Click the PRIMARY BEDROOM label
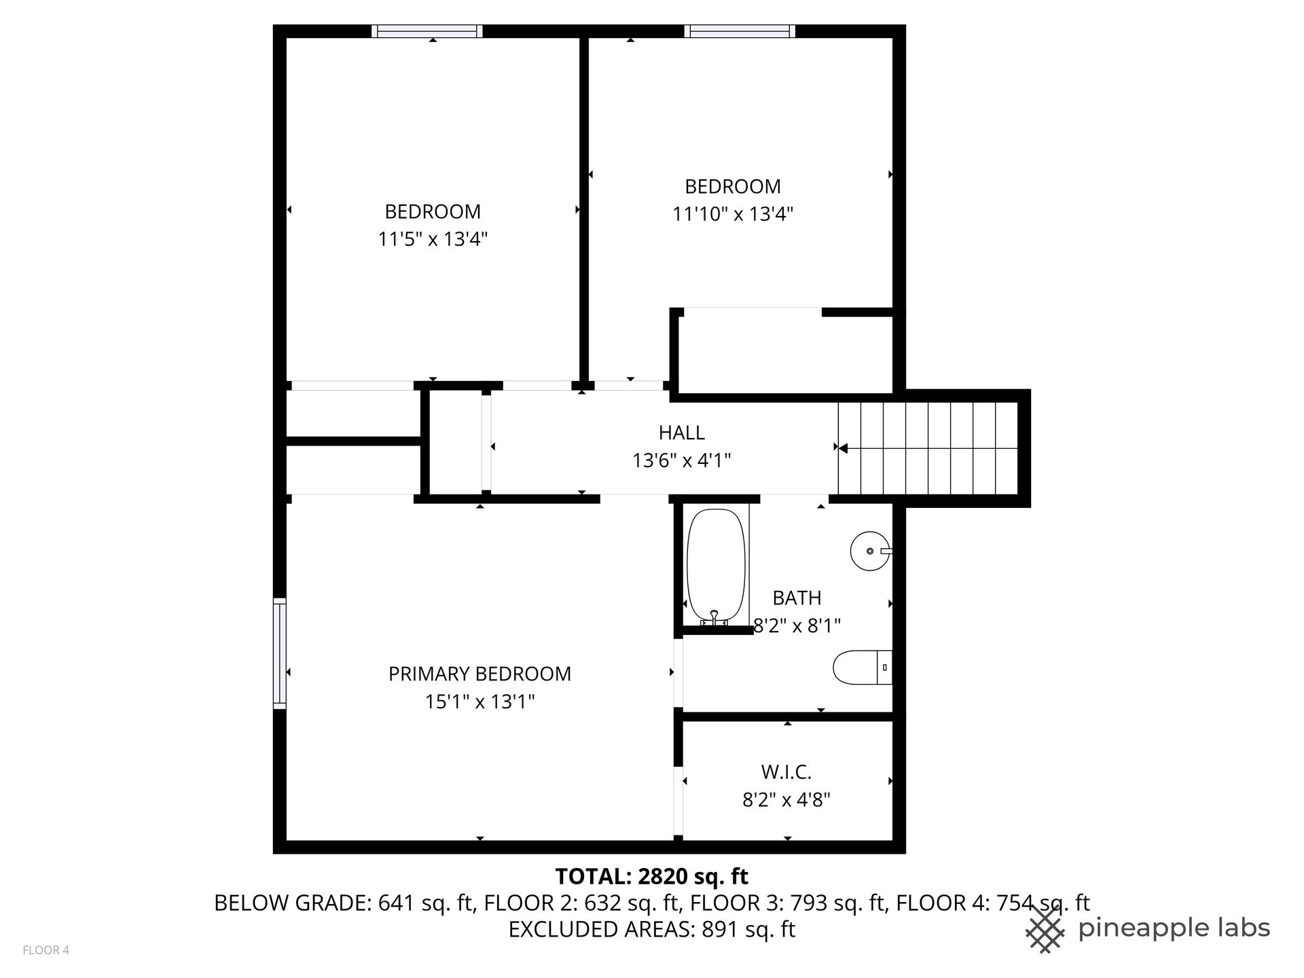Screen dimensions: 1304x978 coord(479,674)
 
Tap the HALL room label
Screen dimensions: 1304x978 coord(681,433)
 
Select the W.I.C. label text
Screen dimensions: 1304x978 coord(786,772)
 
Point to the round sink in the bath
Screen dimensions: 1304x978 coord(870,551)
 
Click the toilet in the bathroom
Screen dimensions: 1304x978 coord(863,668)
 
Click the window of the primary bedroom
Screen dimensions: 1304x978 coord(279,653)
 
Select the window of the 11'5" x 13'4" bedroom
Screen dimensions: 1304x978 coord(427,31)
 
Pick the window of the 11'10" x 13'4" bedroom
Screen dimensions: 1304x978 coord(740,31)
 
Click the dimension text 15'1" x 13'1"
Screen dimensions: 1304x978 coord(479,702)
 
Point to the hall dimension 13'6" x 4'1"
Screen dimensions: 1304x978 coord(681,461)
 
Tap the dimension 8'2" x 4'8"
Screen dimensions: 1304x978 coord(786,800)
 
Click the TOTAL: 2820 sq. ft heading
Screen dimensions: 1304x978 coord(652,877)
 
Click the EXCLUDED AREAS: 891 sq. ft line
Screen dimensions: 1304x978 coord(652,929)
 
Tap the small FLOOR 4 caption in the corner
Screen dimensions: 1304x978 coord(46,950)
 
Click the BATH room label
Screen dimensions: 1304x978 coord(797,598)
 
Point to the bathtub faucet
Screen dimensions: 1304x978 coord(714,617)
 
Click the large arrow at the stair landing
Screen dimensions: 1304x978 coord(843,448)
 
